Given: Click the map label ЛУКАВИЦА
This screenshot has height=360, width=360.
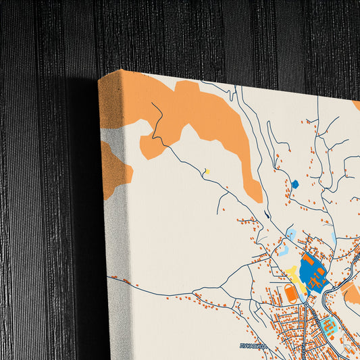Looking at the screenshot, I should tap(254, 344).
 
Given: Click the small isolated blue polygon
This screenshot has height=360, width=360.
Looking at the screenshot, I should tap(294, 184).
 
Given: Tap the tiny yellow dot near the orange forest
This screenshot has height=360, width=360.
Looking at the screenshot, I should tap(207, 172).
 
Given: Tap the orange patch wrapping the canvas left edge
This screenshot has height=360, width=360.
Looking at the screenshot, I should tap(113, 169).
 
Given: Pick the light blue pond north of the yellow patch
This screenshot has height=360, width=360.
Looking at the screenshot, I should tap(291, 233).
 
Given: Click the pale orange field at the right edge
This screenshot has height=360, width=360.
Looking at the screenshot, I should tap(351, 292).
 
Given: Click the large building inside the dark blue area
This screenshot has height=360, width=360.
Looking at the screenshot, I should tap(308, 260).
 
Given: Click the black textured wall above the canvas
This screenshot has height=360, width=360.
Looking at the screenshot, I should tap(203, 34).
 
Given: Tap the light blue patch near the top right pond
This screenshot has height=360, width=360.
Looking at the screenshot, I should tap(334, 238).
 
